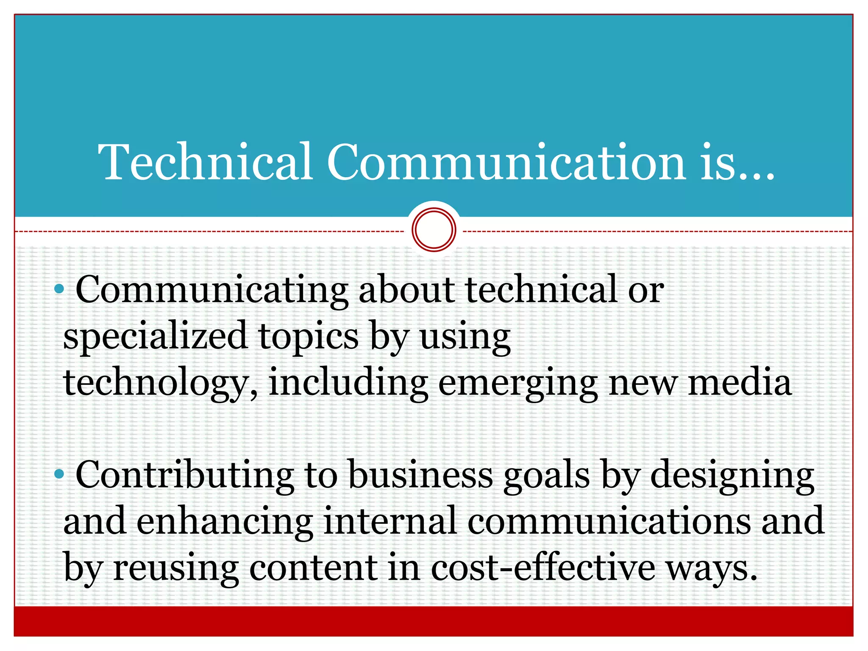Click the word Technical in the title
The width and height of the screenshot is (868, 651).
pyautogui.click(x=206, y=162)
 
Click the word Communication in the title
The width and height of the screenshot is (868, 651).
pyautogui.click(x=506, y=162)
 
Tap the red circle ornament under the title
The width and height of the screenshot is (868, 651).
pyautogui.click(x=434, y=229)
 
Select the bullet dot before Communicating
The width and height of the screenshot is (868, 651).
pyautogui.click(x=59, y=289)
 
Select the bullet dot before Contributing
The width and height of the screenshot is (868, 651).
pyautogui.click(x=59, y=475)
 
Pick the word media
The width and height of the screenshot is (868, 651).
pyautogui.click(x=739, y=382)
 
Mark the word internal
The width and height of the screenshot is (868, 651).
pyautogui.click(x=390, y=521)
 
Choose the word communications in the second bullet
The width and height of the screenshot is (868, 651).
pyautogui.click(x=609, y=521)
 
